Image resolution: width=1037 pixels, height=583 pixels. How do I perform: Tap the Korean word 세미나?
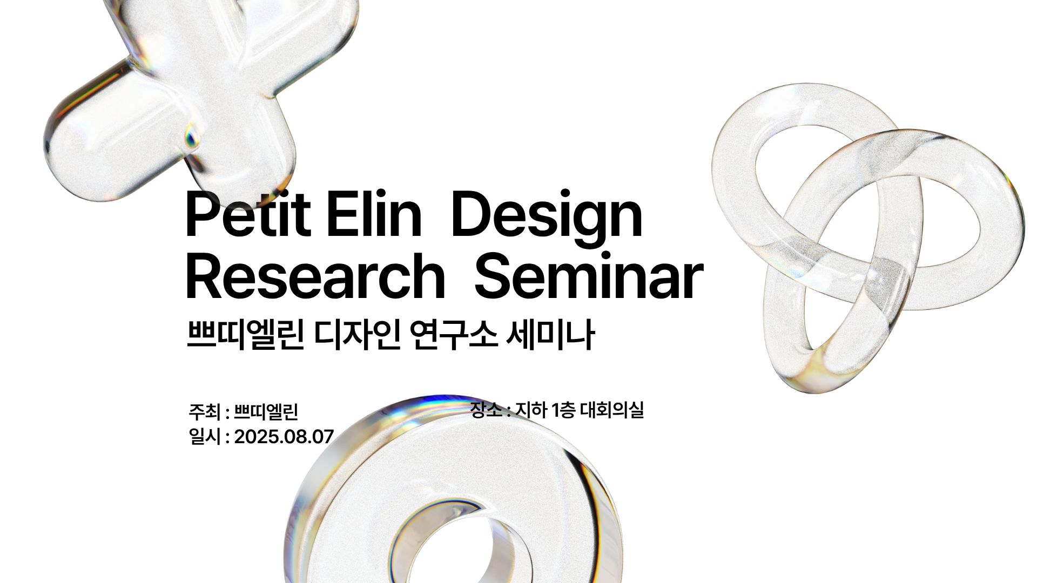tap(551, 335)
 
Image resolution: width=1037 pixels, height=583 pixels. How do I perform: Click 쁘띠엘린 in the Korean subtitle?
tap(245, 335)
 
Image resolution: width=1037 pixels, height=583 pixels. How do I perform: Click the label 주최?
tap(205, 412)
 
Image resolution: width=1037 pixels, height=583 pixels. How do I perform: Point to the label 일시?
tap(205, 437)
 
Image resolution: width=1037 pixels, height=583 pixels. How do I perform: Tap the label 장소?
tap(486, 410)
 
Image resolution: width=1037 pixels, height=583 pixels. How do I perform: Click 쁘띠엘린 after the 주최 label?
tap(266, 412)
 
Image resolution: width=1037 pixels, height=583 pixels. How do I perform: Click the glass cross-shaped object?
tap(178, 92)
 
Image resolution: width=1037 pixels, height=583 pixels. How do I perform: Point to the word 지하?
tap(531, 410)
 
